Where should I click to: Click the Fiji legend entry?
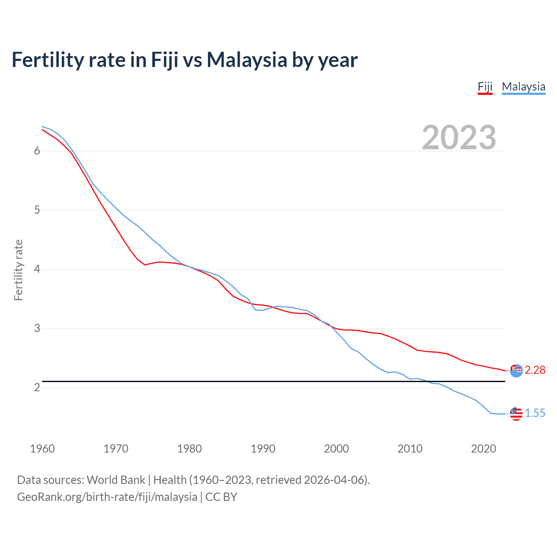[485, 87]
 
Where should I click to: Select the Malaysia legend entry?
[523, 87]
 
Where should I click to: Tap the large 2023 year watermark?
[459, 138]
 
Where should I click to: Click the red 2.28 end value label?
[535, 370]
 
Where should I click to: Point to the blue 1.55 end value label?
[535, 413]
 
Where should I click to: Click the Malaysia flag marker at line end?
[516, 414]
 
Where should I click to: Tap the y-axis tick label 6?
[37, 151]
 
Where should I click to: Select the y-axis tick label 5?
[37, 210]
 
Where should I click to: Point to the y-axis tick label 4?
[37, 269]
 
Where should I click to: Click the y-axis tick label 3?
[37, 329]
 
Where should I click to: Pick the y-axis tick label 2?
[37, 388]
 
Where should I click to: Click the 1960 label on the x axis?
[42, 449]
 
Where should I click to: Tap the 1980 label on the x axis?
[189, 449]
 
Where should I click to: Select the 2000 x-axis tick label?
[336, 449]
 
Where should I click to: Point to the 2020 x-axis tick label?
[483, 449]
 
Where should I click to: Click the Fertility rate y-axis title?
[18, 270]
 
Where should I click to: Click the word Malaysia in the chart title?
[247, 60]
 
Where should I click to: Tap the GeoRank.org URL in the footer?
[107, 497]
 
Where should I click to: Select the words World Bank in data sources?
[116, 480]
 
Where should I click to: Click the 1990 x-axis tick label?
[263, 449]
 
